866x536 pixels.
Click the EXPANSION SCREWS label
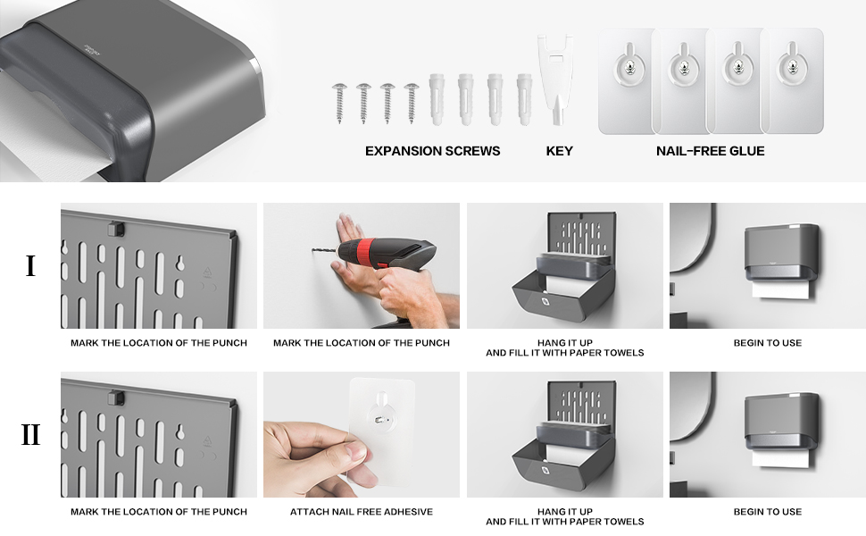432,151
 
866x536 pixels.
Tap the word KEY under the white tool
560,151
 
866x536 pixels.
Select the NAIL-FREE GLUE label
711,151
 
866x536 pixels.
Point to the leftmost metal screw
339,104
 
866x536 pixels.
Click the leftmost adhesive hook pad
628,81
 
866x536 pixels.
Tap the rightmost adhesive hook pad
793,81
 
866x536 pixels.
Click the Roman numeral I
30,266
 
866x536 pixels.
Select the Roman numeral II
30,434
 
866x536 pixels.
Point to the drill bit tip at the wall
313,249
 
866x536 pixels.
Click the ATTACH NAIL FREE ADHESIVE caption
362,512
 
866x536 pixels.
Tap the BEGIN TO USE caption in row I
768,343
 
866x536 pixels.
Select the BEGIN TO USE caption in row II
768,512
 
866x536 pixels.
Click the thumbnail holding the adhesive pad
362,434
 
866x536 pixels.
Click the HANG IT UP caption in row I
565,343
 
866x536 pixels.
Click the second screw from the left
363,104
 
